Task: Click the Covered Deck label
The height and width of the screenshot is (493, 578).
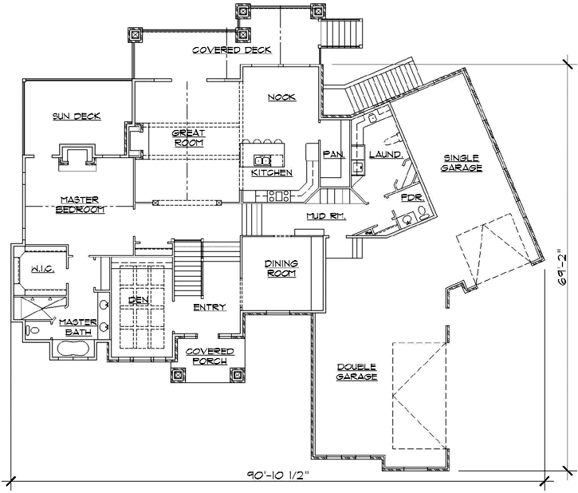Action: coord(231,50)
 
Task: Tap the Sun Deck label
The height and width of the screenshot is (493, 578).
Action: coord(77,116)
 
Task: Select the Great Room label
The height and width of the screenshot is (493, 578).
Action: coord(188,138)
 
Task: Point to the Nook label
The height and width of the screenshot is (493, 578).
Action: coord(281,97)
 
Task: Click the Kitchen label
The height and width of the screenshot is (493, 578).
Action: coord(271,172)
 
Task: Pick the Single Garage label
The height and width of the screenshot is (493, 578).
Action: coord(462,163)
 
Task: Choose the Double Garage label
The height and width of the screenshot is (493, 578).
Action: coord(356,372)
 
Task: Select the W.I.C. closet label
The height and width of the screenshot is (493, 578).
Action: coord(42,270)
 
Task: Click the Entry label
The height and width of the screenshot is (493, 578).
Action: coord(210,307)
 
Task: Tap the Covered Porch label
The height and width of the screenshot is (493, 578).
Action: coord(209,357)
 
